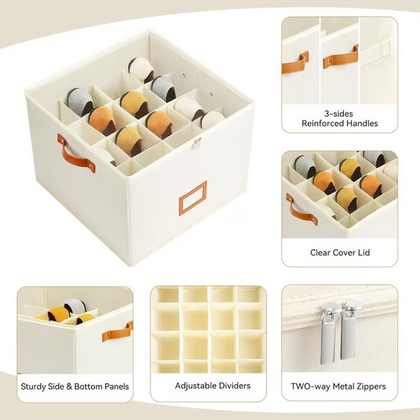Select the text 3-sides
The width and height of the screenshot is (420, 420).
click(x=339, y=112)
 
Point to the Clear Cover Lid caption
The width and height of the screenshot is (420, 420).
click(x=339, y=252)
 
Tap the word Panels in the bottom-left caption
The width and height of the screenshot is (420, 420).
click(x=112, y=386)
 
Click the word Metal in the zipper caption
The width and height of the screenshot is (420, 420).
click(x=341, y=386)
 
